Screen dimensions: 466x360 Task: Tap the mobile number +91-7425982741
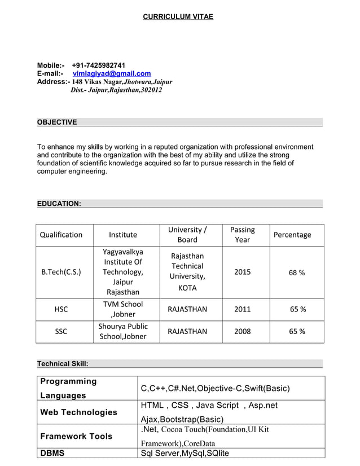(x=99, y=65)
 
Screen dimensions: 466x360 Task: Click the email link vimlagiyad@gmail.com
(x=112, y=74)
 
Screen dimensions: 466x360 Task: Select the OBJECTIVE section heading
(x=57, y=122)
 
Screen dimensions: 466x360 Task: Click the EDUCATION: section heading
(x=59, y=203)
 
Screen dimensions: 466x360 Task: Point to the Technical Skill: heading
(x=63, y=364)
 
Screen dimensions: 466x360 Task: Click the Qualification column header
(x=61, y=235)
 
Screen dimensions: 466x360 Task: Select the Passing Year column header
(x=242, y=235)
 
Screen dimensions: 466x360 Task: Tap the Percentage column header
(x=292, y=235)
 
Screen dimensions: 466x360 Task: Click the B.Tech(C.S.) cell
(x=61, y=272)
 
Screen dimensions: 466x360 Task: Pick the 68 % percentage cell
(x=297, y=272)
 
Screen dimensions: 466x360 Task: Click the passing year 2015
(x=242, y=272)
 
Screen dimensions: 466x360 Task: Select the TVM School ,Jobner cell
(x=122, y=309)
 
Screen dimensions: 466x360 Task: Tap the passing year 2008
(x=242, y=331)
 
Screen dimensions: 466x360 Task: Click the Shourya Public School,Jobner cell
(x=122, y=331)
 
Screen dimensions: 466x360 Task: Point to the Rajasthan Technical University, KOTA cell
(x=187, y=272)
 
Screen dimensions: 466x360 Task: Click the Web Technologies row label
(x=79, y=412)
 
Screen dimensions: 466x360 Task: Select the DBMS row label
(x=52, y=453)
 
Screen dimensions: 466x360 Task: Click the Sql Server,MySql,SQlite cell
(x=185, y=453)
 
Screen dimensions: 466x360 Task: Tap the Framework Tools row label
(x=76, y=436)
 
